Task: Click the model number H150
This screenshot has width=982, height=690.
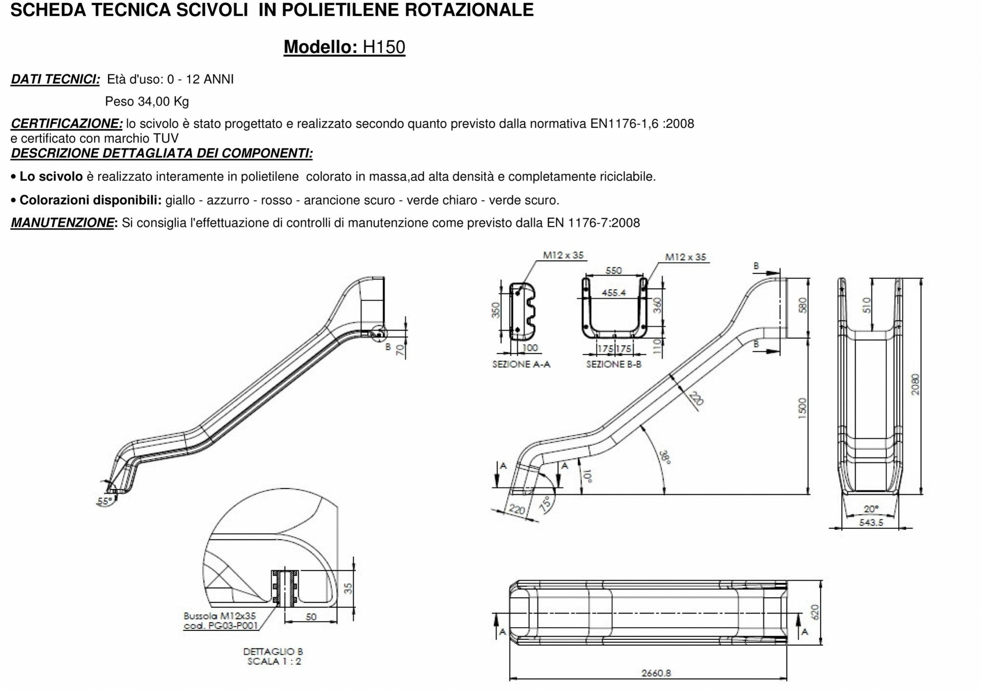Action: (x=384, y=47)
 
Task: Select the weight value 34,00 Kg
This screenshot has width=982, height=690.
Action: (x=163, y=102)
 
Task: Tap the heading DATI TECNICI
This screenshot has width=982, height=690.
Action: (x=55, y=79)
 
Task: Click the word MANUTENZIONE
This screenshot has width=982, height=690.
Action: (x=63, y=223)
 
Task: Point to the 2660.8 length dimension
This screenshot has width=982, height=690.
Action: (x=656, y=673)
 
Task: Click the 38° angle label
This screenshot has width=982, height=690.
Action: (x=665, y=457)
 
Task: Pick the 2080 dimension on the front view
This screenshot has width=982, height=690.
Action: (x=914, y=384)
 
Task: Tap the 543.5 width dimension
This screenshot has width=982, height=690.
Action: (x=871, y=522)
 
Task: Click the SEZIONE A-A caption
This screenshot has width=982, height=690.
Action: (x=521, y=365)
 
